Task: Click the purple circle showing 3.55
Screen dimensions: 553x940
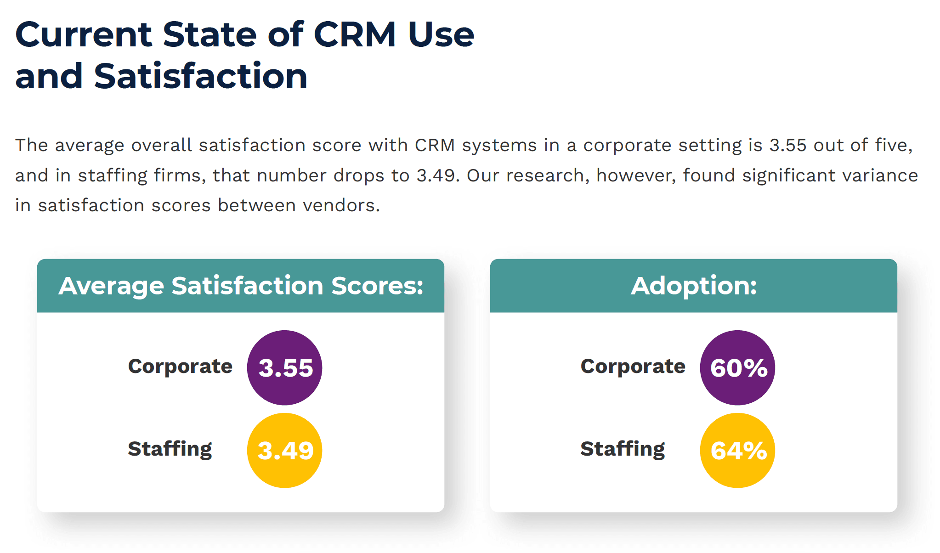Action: (x=284, y=367)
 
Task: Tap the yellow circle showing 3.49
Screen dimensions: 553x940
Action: (x=284, y=450)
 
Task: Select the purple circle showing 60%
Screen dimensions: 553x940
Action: (x=737, y=367)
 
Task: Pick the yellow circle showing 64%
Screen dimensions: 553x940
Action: (x=737, y=450)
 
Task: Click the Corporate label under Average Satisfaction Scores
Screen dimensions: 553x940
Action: (x=180, y=367)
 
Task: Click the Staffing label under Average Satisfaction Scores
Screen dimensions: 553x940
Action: (x=170, y=449)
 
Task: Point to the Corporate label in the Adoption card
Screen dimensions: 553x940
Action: (x=633, y=367)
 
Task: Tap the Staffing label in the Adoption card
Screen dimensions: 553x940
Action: (x=623, y=449)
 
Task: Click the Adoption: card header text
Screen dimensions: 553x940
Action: (x=693, y=286)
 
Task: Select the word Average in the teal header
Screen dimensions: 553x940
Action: (x=111, y=286)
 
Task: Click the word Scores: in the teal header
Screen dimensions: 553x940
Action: (x=377, y=286)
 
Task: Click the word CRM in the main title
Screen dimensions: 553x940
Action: (x=355, y=34)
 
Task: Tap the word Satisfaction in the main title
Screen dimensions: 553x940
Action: (x=201, y=76)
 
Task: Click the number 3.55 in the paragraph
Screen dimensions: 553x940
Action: (x=787, y=145)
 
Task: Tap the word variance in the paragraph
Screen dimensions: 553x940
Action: (x=880, y=175)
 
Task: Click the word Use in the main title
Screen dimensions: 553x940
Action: (x=441, y=34)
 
